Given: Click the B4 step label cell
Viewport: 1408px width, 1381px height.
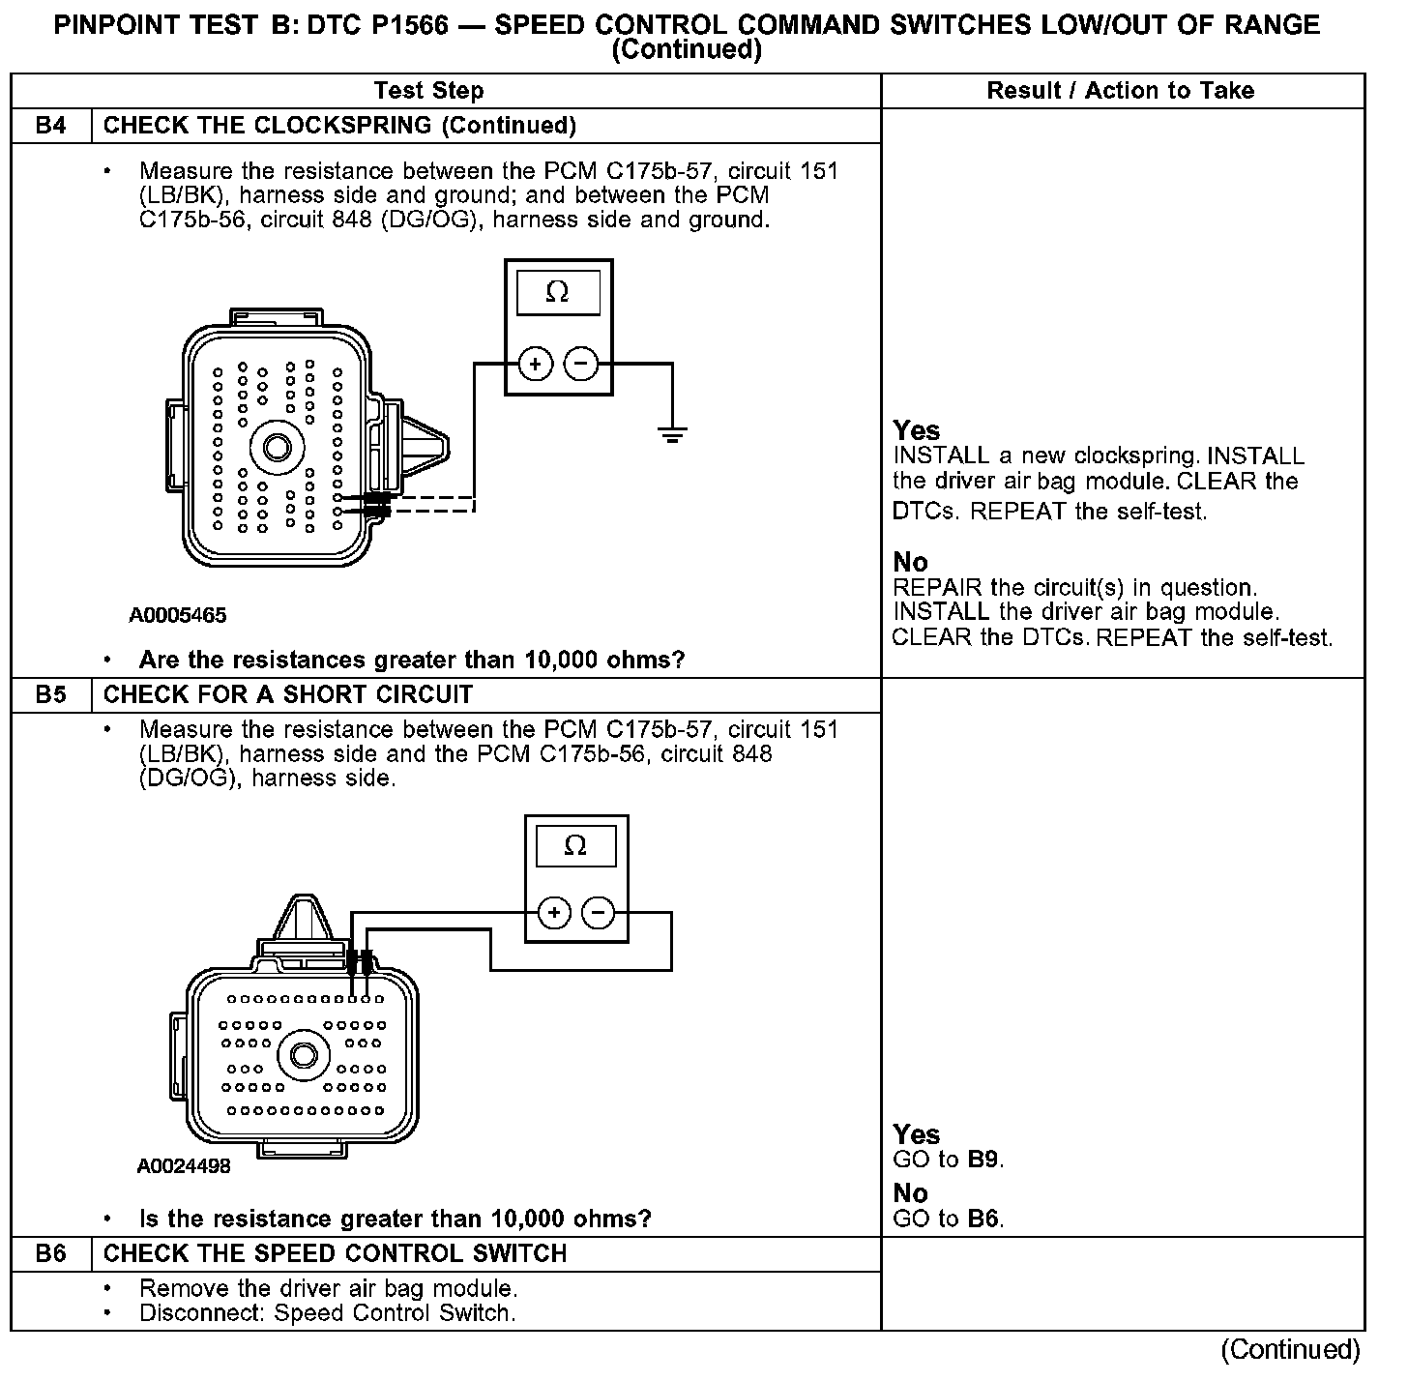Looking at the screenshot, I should (x=50, y=126).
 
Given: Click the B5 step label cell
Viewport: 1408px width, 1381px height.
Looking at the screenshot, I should (x=50, y=695).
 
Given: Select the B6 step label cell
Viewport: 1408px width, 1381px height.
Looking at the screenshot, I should (x=50, y=1254).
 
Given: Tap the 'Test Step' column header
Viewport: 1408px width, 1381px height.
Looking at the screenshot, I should (x=428, y=91).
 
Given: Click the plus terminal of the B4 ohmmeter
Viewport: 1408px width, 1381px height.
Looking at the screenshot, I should (x=535, y=365).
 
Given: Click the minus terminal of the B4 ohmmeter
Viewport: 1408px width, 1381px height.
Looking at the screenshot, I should (x=580, y=365).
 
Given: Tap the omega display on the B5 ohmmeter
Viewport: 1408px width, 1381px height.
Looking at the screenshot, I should (x=575, y=846).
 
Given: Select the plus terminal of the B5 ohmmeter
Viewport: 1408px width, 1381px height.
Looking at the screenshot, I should (x=554, y=913).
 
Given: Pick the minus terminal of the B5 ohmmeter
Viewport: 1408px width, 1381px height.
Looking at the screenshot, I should (x=598, y=913).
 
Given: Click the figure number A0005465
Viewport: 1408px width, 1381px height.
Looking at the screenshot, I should (x=178, y=616).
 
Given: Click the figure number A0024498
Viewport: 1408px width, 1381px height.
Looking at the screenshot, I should (x=184, y=1166).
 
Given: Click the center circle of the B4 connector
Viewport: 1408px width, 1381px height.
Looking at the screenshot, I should (x=278, y=448).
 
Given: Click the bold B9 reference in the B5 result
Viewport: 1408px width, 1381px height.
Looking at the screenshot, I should (x=983, y=1160).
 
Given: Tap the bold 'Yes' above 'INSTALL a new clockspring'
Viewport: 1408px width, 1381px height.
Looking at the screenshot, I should (x=916, y=430).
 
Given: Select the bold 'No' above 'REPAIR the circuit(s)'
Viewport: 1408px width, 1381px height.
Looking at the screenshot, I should (x=910, y=563).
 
